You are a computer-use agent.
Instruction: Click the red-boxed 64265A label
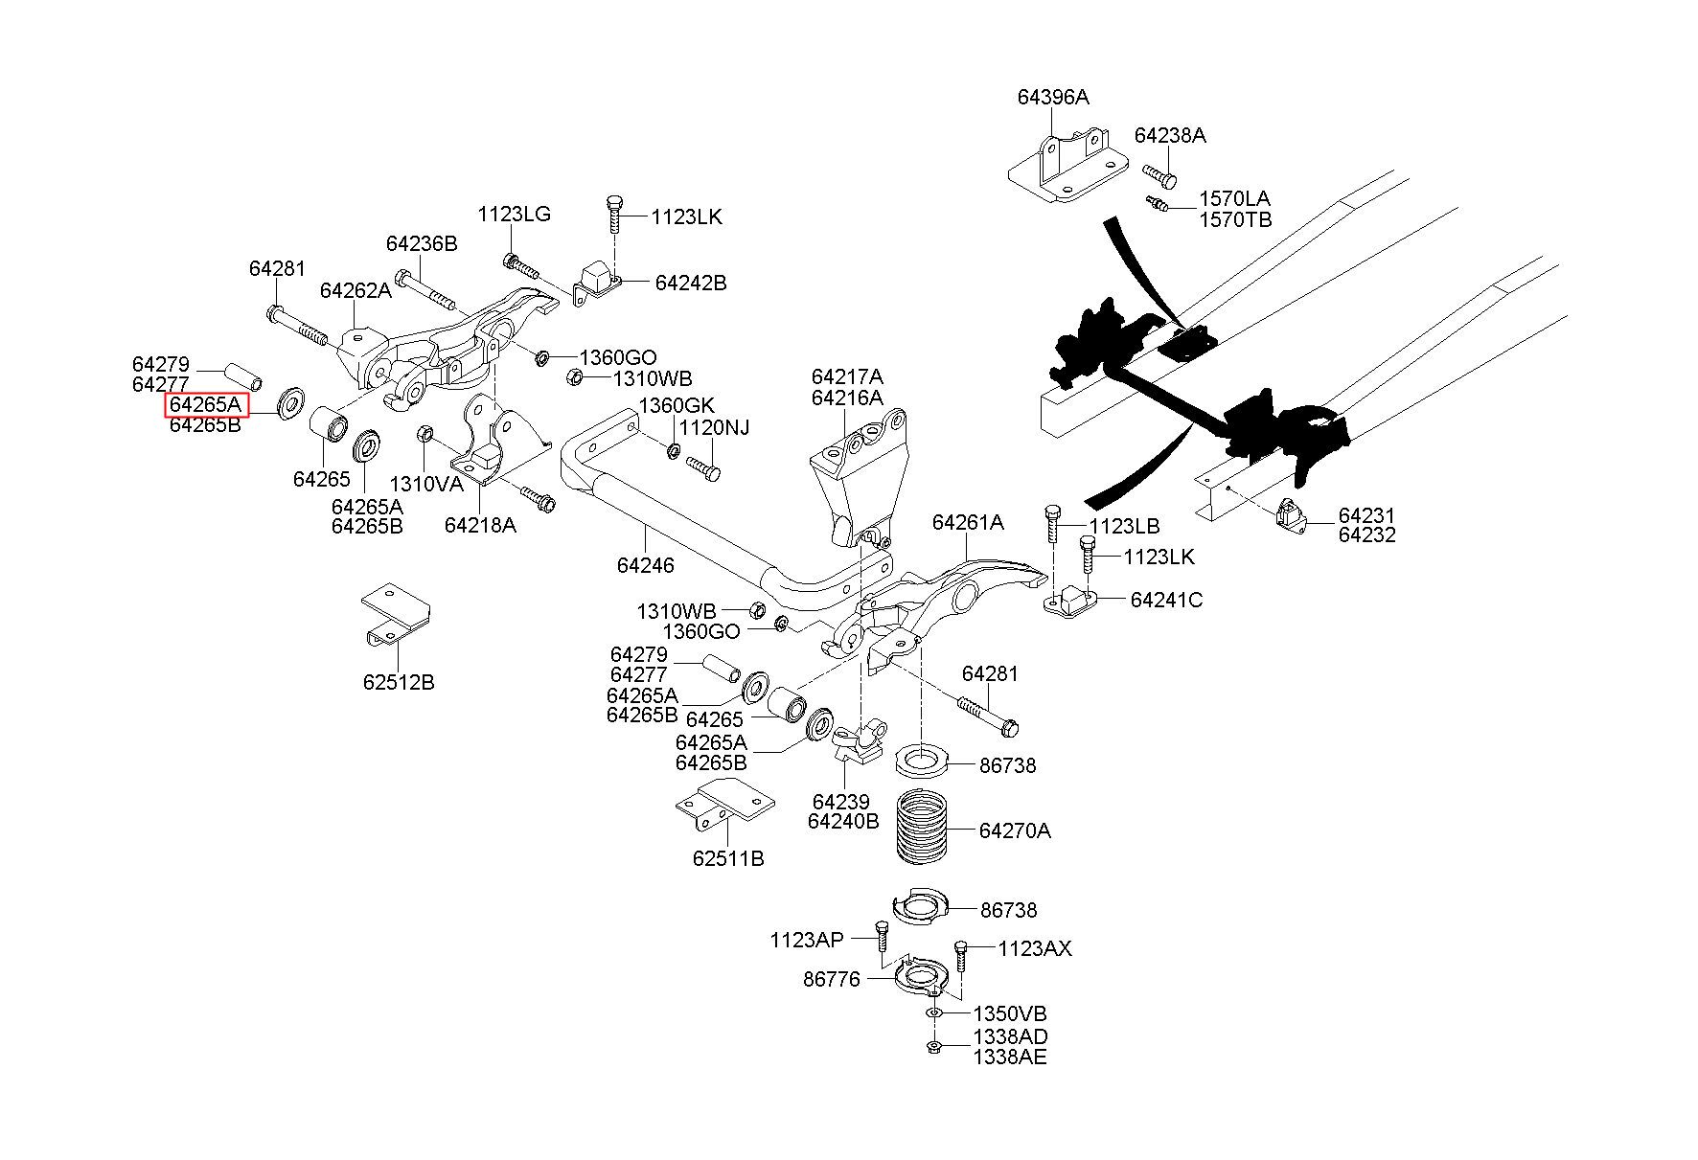[x=206, y=405]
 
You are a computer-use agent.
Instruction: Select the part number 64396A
[x=1053, y=98]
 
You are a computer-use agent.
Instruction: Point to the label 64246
[x=645, y=565]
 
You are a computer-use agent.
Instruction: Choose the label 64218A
[x=479, y=525]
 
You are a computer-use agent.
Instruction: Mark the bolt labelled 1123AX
[x=961, y=958]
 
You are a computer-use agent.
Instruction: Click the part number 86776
[x=831, y=980]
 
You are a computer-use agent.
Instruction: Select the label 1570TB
[x=1235, y=219]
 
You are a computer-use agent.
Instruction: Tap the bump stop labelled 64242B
[x=598, y=279]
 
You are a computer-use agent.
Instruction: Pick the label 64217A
[x=847, y=376]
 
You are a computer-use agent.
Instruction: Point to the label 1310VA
[x=425, y=484]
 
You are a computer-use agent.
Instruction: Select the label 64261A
[x=968, y=522]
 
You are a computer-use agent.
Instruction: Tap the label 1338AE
[x=1010, y=1058]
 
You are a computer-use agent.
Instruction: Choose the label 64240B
[x=842, y=821]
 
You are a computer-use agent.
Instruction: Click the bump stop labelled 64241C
[x=1069, y=602]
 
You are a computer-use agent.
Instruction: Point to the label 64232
[x=1366, y=535]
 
